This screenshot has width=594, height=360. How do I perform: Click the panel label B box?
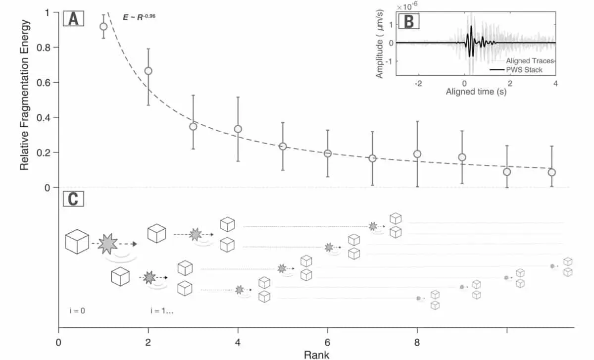pyautogui.click(x=409, y=22)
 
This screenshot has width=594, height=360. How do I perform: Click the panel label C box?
pyautogui.click(x=73, y=199)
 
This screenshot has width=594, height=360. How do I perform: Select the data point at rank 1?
pyautogui.click(x=103, y=26)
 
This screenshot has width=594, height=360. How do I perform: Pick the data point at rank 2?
pyautogui.click(x=148, y=71)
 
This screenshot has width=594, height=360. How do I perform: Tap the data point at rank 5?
pyautogui.click(x=283, y=146)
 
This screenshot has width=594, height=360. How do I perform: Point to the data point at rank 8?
pyautogui.click(x=417, y=154)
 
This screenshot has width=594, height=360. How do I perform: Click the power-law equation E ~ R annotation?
pyautogui.click(x=139, y=17)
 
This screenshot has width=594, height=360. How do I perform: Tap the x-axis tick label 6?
pyautogui.click(x=327, y=343)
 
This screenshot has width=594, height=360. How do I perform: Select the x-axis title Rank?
pyautogui.click(x=316, y=354)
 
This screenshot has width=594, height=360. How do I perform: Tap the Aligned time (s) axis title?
pyautogui.click(x=476, y=92)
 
